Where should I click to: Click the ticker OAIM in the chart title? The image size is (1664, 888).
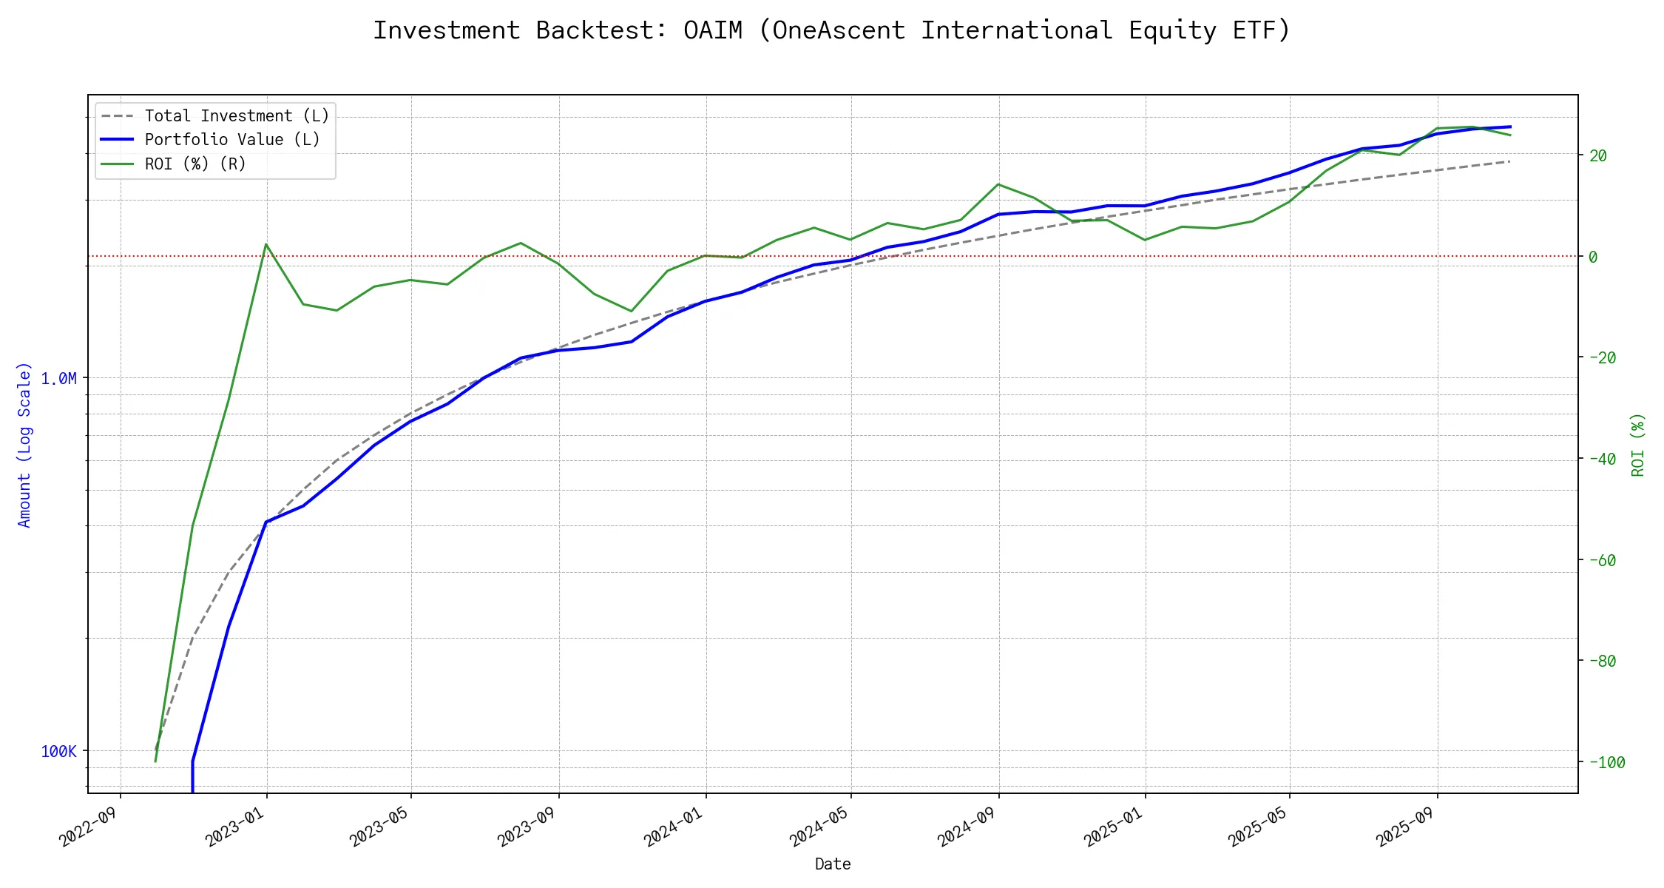click(x=712, y=30)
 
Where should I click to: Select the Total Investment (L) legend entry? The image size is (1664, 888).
click(x=237, y=116)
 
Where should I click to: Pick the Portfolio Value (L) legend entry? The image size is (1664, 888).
click(x=232, y=140)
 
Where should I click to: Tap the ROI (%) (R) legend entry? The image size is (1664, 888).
click(x=195, y=164)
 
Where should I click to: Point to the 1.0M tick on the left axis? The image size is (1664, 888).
click(x=58, y=379)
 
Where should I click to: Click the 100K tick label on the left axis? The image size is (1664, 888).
click(x=58, y=752)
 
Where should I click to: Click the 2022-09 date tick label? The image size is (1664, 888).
click(x=89, y=827)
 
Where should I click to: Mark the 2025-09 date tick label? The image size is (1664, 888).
click(x=1405, y=827)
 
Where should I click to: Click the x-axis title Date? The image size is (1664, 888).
click(x=833, y=864)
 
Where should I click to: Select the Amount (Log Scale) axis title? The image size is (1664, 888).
click(x=24, y=444)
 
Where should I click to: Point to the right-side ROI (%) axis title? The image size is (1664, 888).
click(x=1638, y=444)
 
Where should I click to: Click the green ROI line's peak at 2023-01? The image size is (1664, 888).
click(x=266, y=244)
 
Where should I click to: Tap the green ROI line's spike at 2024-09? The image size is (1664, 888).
click(x=998, y=184)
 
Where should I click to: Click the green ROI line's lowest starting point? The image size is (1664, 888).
click(x=155, y=761)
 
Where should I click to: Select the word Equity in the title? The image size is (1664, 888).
click(x=1172, y=30)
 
